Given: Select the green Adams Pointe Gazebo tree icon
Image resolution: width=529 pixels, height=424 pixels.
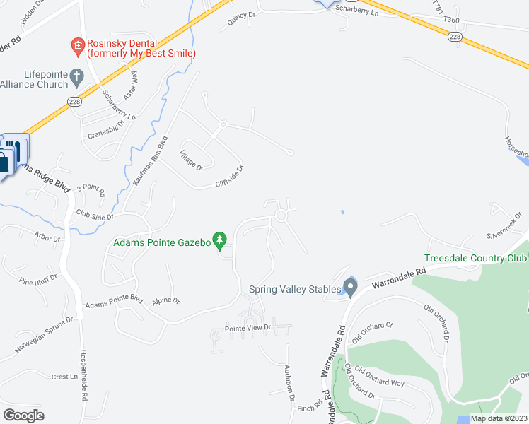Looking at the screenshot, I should (x=221, y=242).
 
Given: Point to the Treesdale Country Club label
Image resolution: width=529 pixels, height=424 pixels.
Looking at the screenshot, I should (x=475, y=259).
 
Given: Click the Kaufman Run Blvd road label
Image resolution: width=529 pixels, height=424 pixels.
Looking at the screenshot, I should (x=149, y=160).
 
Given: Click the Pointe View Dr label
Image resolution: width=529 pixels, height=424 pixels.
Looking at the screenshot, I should (x=248, y=328).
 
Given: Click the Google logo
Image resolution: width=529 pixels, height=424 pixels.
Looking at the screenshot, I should (x=23, y=415).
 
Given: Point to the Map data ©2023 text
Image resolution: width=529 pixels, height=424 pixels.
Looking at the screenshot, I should (x=498, y=418).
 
